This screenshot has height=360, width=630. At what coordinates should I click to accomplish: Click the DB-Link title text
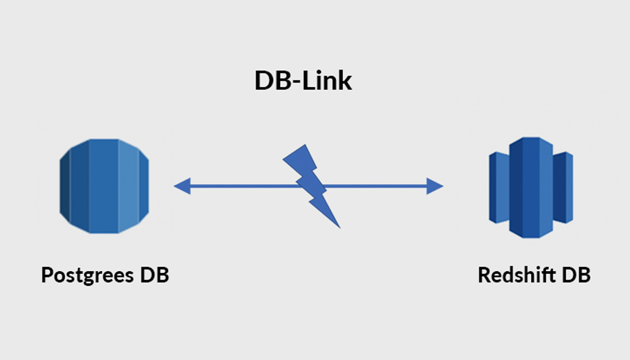pos(303,81)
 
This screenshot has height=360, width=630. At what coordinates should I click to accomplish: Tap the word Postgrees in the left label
pos(87,275)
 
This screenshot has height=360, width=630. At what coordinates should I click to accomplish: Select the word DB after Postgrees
pos(155,274)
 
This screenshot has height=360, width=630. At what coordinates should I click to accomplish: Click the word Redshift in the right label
pos(517,274)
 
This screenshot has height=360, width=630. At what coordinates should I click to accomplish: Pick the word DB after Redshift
pos(576,274)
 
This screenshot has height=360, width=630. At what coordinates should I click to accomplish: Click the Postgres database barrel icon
pos(104,186)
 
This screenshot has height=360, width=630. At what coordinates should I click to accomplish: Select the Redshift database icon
pos(531,188)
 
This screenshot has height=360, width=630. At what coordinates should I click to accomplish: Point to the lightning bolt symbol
pos(311,186)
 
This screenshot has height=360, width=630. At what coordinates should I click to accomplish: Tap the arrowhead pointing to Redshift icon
pos(435,186)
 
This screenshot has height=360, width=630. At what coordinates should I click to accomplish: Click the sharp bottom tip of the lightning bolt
pos(340,228)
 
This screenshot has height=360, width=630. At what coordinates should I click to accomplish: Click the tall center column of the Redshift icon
pos(531,188)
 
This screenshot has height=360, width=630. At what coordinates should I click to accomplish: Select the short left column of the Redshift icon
pos(499,188)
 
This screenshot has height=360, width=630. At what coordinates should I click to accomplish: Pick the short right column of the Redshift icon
pos(563,188)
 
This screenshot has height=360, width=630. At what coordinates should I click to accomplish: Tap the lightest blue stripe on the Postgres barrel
pos(128,186)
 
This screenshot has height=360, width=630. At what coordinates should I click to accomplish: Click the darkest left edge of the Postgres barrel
pos(65,186)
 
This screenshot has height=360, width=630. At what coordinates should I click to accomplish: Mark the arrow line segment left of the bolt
pos(244,186)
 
